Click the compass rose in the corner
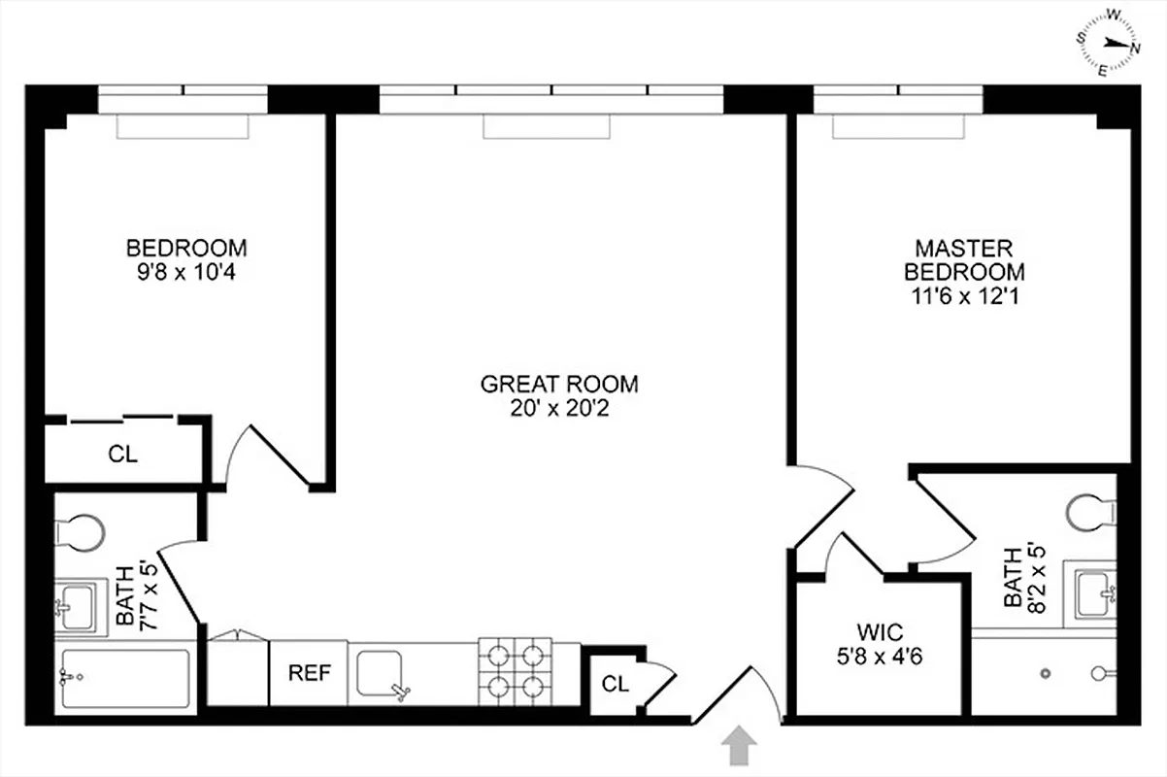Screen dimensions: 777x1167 [x=1111, y=42]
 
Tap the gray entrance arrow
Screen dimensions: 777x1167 [x=739, y=748]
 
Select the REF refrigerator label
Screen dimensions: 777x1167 [x=307, y=673]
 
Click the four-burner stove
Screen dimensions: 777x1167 [x=514, y=671]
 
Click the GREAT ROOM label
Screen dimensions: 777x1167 [x=559, y=384]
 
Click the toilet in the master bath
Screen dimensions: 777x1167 [x=1089, y=512]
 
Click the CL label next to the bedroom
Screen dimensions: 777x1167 [x=122, y=454]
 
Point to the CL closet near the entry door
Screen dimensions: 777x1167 [x=616, y=683]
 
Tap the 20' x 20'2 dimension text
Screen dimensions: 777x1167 [x=559, y=408]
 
